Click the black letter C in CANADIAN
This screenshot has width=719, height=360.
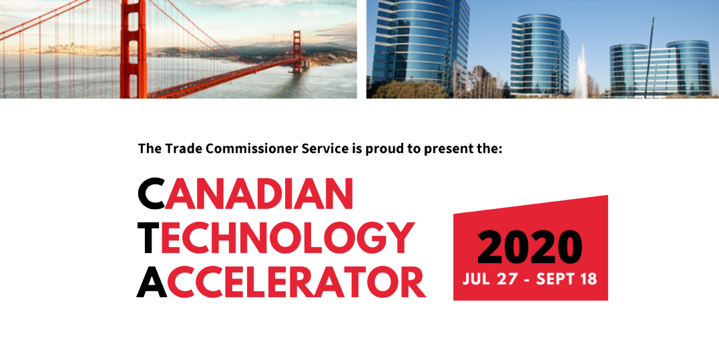click(151, 193)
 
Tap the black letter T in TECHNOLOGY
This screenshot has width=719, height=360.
click(148, 237)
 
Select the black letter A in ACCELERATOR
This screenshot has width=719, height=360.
click(151, 282)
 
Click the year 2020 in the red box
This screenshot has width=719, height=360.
click(530, 246)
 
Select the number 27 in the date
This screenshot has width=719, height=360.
click(508, 278)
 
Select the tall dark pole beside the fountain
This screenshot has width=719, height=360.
click(647, 57)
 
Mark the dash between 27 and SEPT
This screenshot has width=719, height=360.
click(527, 279)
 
